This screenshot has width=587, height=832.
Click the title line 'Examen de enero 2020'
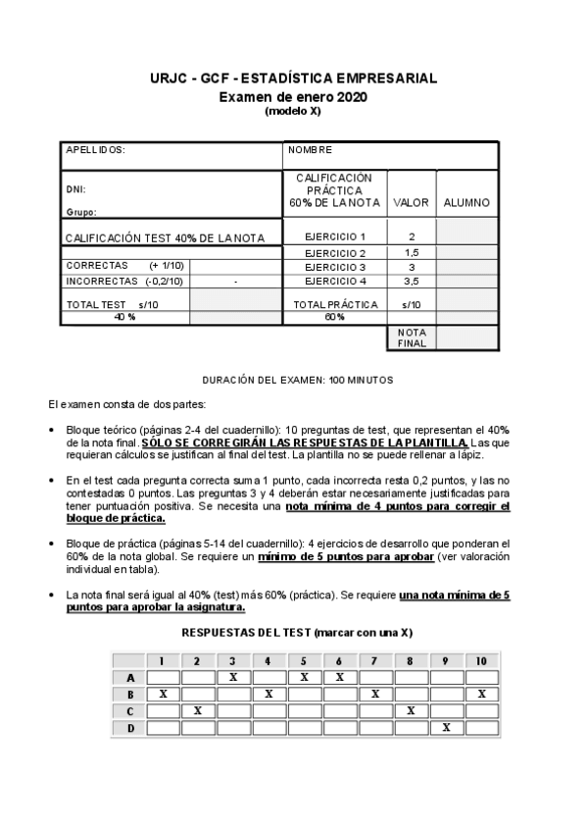(292, 97)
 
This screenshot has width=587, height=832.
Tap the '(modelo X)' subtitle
(292, 111)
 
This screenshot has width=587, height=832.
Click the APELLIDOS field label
(95, 150)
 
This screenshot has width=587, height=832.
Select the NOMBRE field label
(311, 150)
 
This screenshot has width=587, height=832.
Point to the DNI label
(74, 188)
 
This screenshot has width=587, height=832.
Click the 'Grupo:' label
(80, 211)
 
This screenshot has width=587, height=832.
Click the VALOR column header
(412, 203)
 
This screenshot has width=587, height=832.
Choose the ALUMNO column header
(466, 203)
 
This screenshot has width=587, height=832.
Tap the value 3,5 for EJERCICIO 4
(412, 281)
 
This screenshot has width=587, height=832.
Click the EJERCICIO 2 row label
(335, 252)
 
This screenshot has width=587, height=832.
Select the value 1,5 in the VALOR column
(412, 252)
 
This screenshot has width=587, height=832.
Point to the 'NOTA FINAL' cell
(412, 338)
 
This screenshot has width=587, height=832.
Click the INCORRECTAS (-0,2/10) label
(123, 281)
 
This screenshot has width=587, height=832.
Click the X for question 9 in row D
(446, 727)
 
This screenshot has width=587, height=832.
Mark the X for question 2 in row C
(198, 710)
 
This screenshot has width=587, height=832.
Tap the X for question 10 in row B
(481, 694)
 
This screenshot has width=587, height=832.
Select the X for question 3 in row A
(233, 677)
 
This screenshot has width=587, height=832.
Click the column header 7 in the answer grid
(375, 660)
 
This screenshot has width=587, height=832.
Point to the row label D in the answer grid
(129, 727)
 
